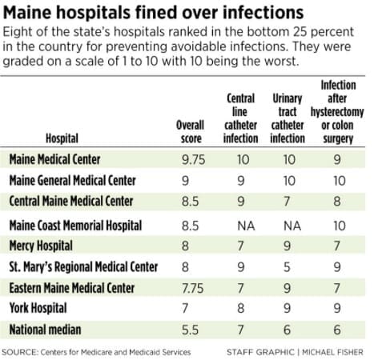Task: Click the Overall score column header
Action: click(191, 132)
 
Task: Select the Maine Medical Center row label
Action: click(54, 159)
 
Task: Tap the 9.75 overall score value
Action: click(194, 160)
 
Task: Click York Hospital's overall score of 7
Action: click(185, 308)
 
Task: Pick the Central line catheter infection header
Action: click(240, 118)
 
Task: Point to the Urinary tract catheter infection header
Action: click(288, 118)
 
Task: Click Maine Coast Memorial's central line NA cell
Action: click(246, 226)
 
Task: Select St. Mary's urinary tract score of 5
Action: click(287, 267)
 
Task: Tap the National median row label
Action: click(45, 330)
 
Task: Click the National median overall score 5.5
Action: click(190, 330)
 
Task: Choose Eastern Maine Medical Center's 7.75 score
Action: click(192, 288)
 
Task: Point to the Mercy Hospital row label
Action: click(41, 246)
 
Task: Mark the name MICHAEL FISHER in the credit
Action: click(332, 352)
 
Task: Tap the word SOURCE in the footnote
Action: click(19, 352)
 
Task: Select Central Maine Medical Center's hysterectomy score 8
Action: click(337, 201)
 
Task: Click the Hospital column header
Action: click(62, 138)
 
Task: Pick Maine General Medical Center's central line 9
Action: click(241, 181)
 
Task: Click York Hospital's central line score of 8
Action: click(241, 308)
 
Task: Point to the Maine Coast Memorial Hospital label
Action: click(75, 226)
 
